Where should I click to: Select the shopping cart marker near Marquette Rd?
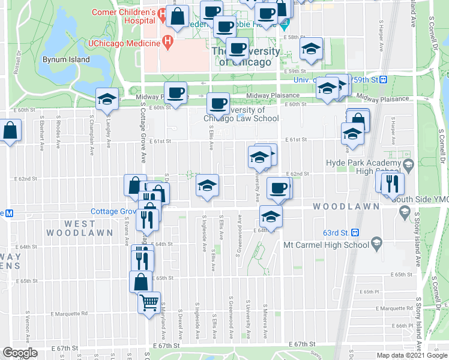149,302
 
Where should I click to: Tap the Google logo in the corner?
20,352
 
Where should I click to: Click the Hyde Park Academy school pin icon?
408,163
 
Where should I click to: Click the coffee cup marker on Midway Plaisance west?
175,93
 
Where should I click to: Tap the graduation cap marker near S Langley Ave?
107,100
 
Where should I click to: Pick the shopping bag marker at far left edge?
11,131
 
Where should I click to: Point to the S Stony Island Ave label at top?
413,15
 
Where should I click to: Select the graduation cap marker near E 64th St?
270,217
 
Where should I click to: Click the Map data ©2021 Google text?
411,355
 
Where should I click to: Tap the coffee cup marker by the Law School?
218,104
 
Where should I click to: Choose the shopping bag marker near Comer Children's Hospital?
178,17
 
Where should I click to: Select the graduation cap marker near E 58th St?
312,49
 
